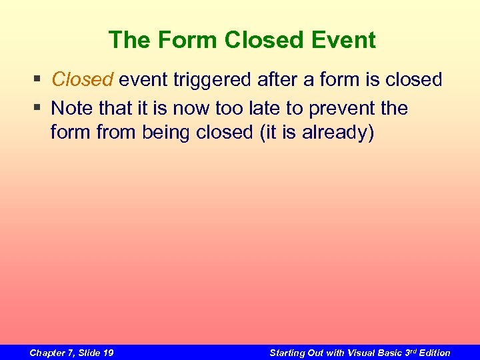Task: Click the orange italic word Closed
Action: click(x=83, y=80)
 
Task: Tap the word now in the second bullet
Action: click(x=192, y=108)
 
